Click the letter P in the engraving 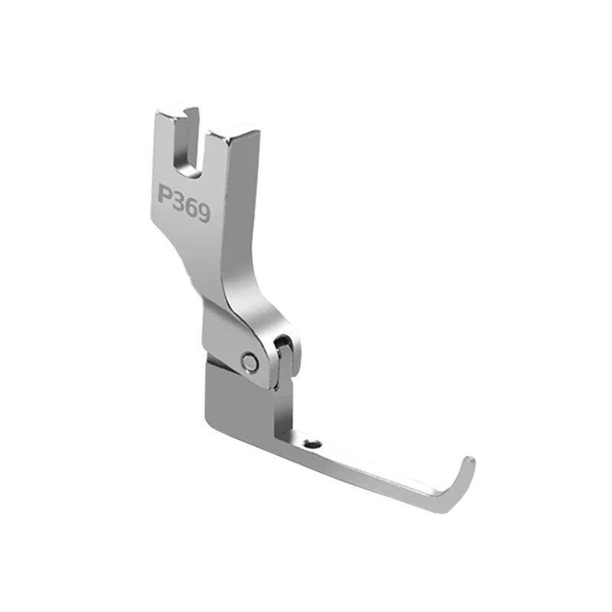tap(165, 194)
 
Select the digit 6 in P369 tap(192, 207)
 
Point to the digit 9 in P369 tap(204, 213)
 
